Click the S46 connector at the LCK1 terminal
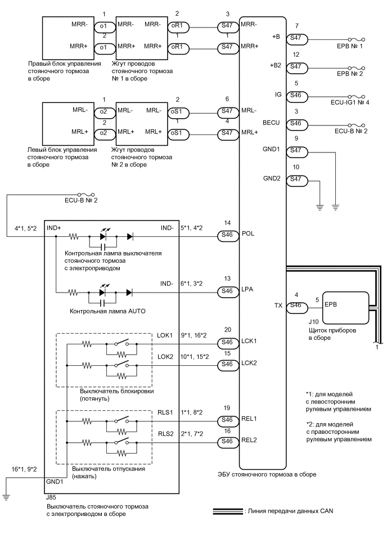tap(227, 342)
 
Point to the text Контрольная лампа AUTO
tap(107, 311)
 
